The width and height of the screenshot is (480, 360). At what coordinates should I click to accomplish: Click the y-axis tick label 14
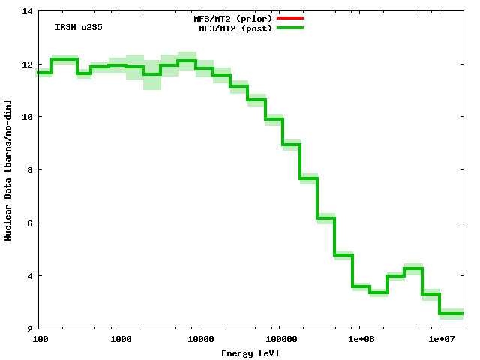27,11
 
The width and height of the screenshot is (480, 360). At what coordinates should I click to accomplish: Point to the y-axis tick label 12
27,64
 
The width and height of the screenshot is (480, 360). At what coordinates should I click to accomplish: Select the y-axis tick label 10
27,117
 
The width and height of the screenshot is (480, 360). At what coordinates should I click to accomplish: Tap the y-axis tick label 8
29,170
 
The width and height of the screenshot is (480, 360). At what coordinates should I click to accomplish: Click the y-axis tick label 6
29,223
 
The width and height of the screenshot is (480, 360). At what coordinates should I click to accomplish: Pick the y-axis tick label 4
29,276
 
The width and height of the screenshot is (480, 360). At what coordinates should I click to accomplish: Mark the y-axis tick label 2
29,328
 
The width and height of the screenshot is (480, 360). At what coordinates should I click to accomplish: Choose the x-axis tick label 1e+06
360,340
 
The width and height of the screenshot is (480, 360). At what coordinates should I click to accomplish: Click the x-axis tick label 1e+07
440,340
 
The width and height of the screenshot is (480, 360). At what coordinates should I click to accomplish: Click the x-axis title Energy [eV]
250,352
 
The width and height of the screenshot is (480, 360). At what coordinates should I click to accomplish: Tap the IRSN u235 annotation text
79,28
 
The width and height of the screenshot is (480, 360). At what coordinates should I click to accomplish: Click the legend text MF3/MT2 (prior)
233,18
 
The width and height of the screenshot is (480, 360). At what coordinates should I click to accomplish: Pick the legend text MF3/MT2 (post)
235,28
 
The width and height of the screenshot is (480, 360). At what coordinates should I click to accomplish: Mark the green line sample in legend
290,28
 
